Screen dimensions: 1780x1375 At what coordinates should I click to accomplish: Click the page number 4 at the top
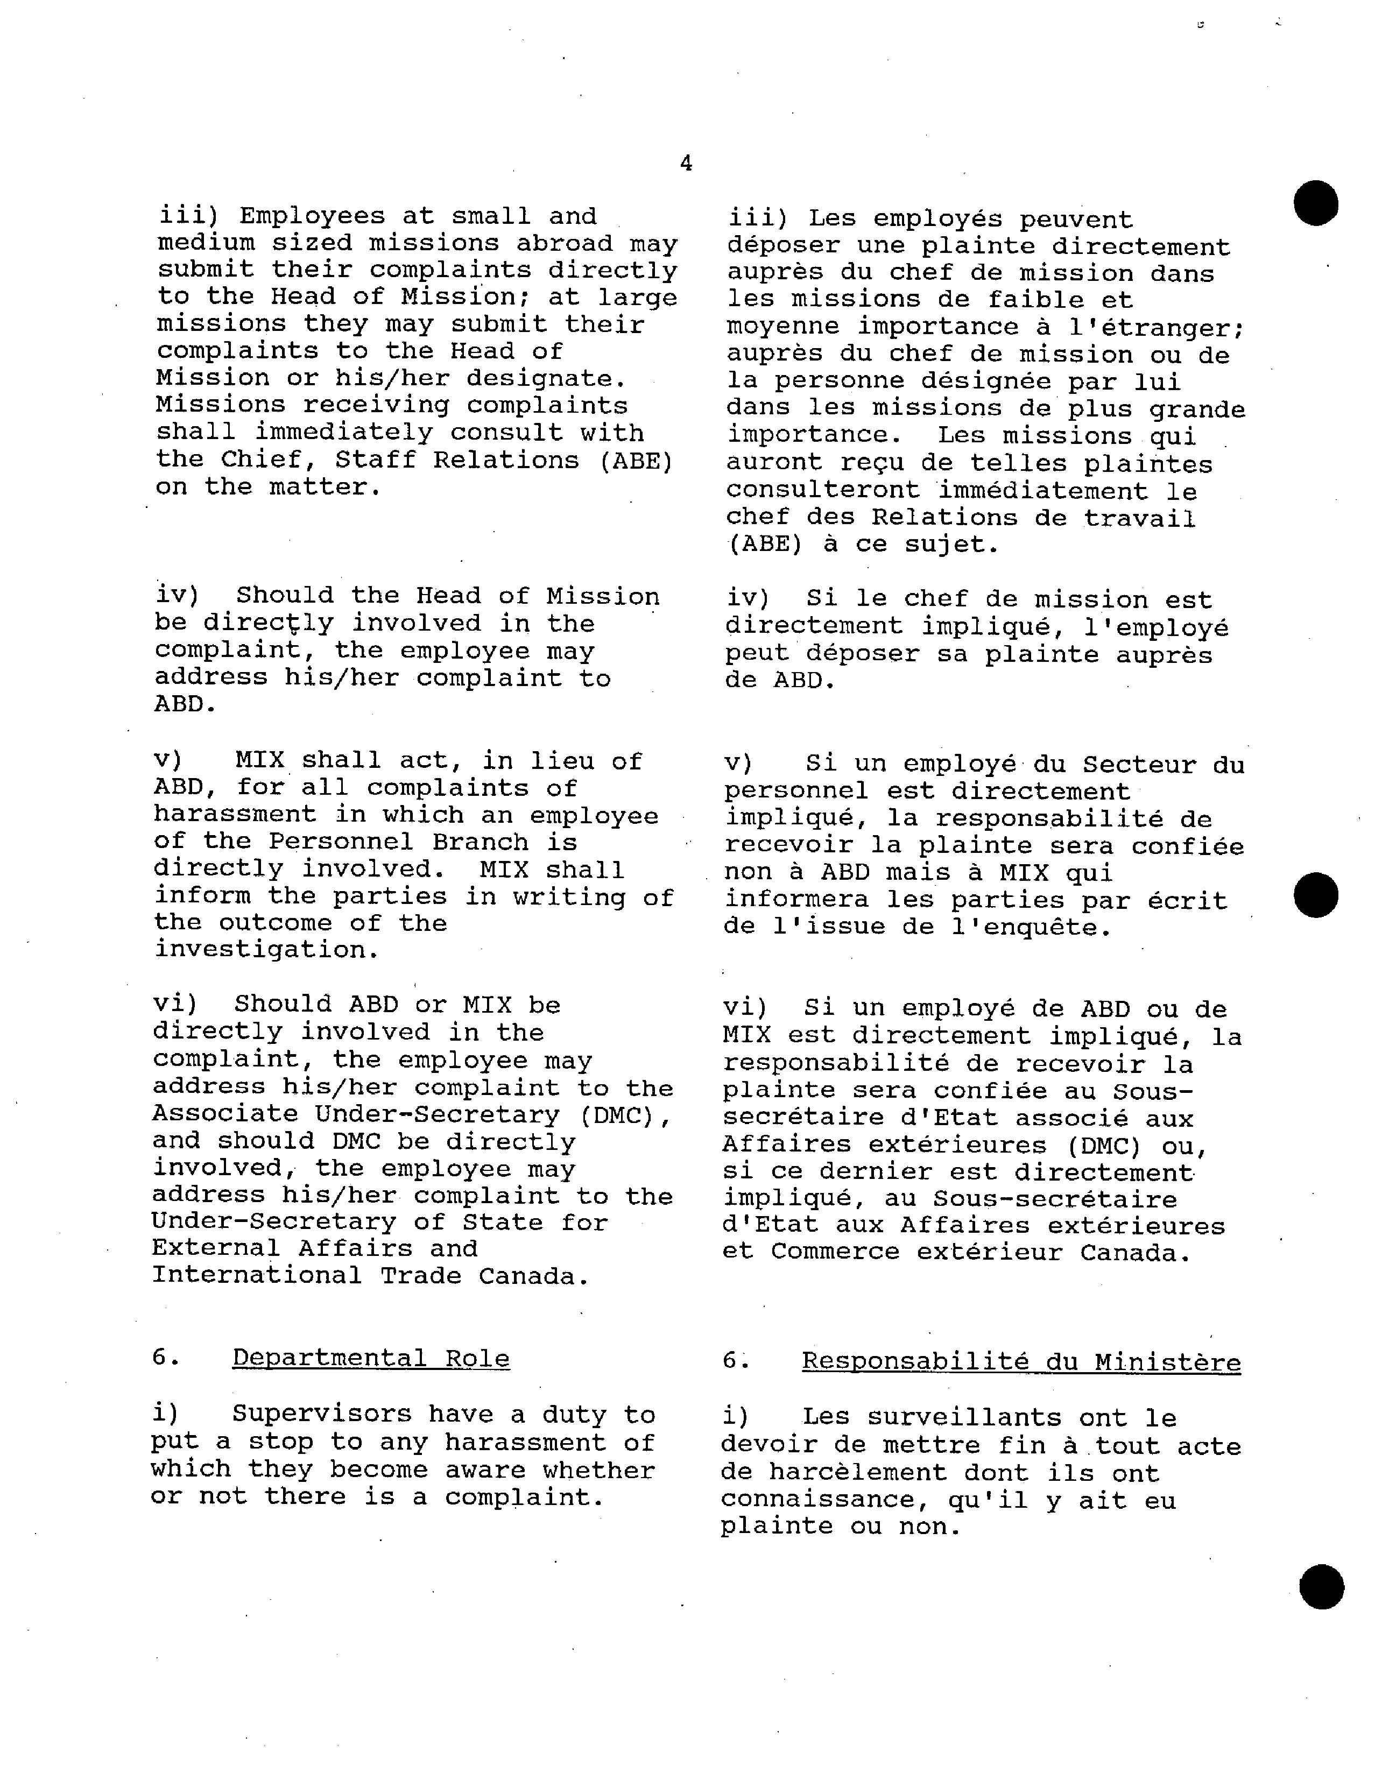[x=686, y=164]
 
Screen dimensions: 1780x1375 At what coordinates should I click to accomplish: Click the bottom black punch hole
[x=1321, y=1586]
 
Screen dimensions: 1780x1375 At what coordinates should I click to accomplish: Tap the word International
[x=257, y=1275]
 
